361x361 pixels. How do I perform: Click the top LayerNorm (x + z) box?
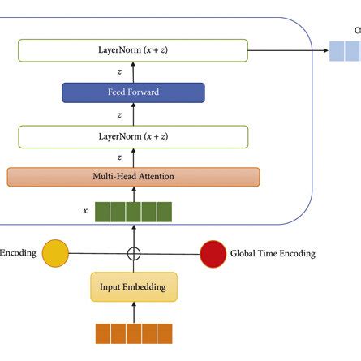133,51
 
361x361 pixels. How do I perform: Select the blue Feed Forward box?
133,92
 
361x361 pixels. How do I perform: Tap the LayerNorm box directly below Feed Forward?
133,135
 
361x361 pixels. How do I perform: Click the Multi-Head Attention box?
133,176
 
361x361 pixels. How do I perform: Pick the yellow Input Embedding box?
134,287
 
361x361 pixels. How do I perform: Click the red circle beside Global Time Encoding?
213,253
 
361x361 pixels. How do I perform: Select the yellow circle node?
55,253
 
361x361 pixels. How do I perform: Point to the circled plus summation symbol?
134,253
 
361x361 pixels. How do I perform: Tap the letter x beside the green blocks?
85,211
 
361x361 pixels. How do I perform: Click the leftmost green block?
103,212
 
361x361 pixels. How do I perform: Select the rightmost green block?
165,212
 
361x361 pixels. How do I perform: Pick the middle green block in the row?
134,212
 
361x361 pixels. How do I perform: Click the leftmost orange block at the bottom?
103,333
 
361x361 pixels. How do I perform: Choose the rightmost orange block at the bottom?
165,333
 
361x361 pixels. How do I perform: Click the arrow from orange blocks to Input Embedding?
134,312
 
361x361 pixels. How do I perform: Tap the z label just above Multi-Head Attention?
119,157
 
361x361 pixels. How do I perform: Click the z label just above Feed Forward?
119,72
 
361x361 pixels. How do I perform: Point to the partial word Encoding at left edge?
18,253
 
